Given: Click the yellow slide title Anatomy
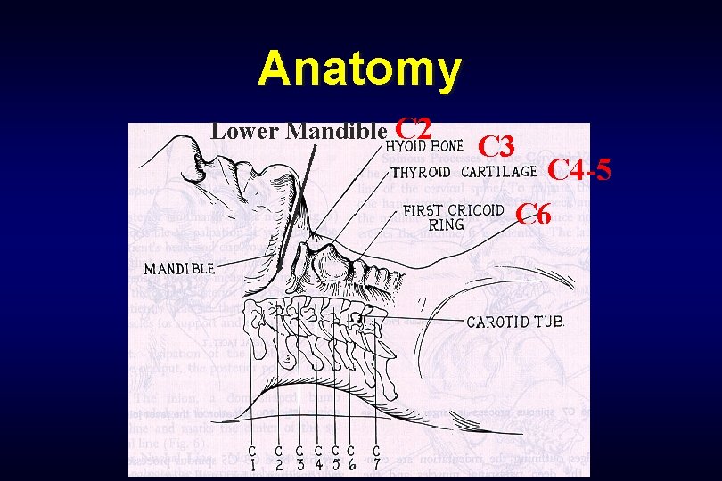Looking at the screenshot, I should pyautogui.click(x=360, y=69).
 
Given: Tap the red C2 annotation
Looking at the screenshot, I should pyautogui.click(x=414, y=129).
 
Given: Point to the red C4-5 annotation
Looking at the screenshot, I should pyautogui.click(x=578, y=168).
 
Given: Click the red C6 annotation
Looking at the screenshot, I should pyautogui.click(x=535, y=214).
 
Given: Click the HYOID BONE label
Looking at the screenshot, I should pyautogui.click(x=423, y=146).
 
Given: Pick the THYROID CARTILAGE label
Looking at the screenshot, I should pyautogui.click(x=464, y=172).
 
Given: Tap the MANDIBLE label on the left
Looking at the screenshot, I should pyautogui.click(x=179, y=267).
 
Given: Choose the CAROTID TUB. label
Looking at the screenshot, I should pyautogui.click(x=515, y=322).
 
